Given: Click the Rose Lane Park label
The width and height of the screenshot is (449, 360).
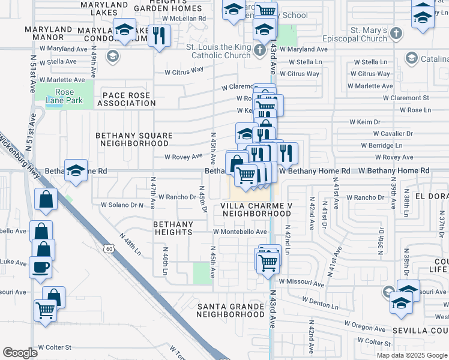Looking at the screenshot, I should click(x=64, y=97).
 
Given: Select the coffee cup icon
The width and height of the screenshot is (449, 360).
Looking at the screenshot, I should click(x=41, y=266).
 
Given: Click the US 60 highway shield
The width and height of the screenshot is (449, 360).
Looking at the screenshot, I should click(x=109, y=248).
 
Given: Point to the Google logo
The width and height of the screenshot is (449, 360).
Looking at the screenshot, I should click(x=20, y=353).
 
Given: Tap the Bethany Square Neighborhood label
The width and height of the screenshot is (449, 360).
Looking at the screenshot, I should click(x=134, y=140).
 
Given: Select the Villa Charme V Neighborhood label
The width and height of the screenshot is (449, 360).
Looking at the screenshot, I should click(x=256, y=209).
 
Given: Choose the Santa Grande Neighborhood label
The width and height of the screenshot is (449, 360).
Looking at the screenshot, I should click(x=231, y=310).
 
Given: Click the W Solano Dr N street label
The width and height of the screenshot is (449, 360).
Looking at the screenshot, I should click(x=122, y=205).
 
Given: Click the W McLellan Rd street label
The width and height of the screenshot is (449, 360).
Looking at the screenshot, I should click(x=179, y=19).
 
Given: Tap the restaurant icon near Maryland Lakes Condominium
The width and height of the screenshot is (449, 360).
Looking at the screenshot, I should click(x=159, y=35).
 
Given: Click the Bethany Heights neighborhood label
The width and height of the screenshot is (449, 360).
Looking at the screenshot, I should click(x=173, y=228).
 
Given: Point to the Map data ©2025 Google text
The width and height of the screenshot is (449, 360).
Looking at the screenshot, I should click(x=411, y=355).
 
